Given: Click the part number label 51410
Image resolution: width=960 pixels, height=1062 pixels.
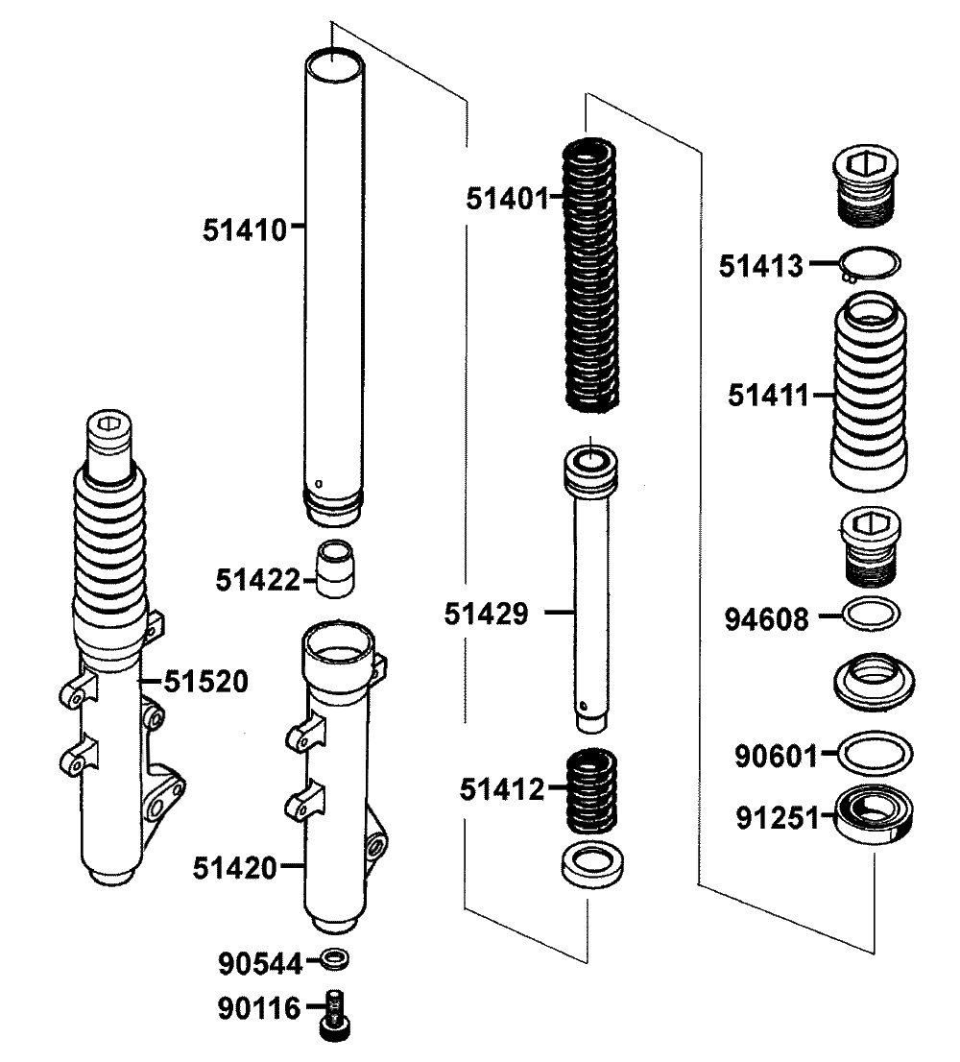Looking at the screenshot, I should tap(245, 229).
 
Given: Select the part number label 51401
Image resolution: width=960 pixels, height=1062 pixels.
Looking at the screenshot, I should tap(508, 200).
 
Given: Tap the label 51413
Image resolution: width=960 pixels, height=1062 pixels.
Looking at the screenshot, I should tap(761, 266).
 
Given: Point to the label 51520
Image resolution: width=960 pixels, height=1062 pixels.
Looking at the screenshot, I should tap(205, 682).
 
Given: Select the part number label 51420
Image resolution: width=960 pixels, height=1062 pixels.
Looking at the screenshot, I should tap(235, 868).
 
